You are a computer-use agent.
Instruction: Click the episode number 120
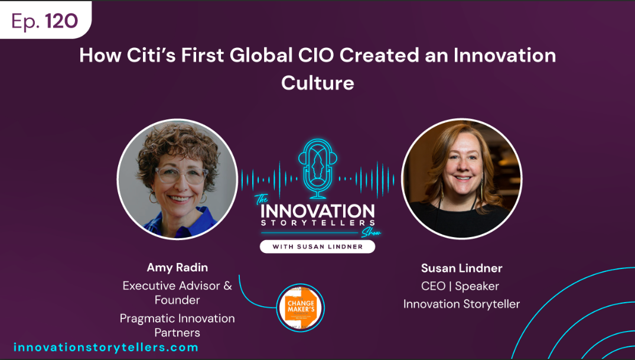[61, 21]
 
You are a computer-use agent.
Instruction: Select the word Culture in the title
[317, 82]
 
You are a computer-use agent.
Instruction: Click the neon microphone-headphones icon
[317, 169]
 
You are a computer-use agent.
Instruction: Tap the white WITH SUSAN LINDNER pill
[317, 246]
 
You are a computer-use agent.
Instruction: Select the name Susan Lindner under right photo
[461, 268]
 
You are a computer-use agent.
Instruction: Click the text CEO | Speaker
[460, 286]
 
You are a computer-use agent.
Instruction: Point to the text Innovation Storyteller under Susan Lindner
[461, 304]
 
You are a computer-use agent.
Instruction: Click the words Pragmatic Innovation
[177, 318]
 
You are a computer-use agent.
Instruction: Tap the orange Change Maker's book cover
[301, 307]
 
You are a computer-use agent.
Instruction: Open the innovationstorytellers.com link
[106, 347]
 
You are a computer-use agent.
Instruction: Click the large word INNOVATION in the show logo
[317, 212]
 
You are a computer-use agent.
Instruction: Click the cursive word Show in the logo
[371, 232]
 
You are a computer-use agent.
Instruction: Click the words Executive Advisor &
[177, 286]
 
